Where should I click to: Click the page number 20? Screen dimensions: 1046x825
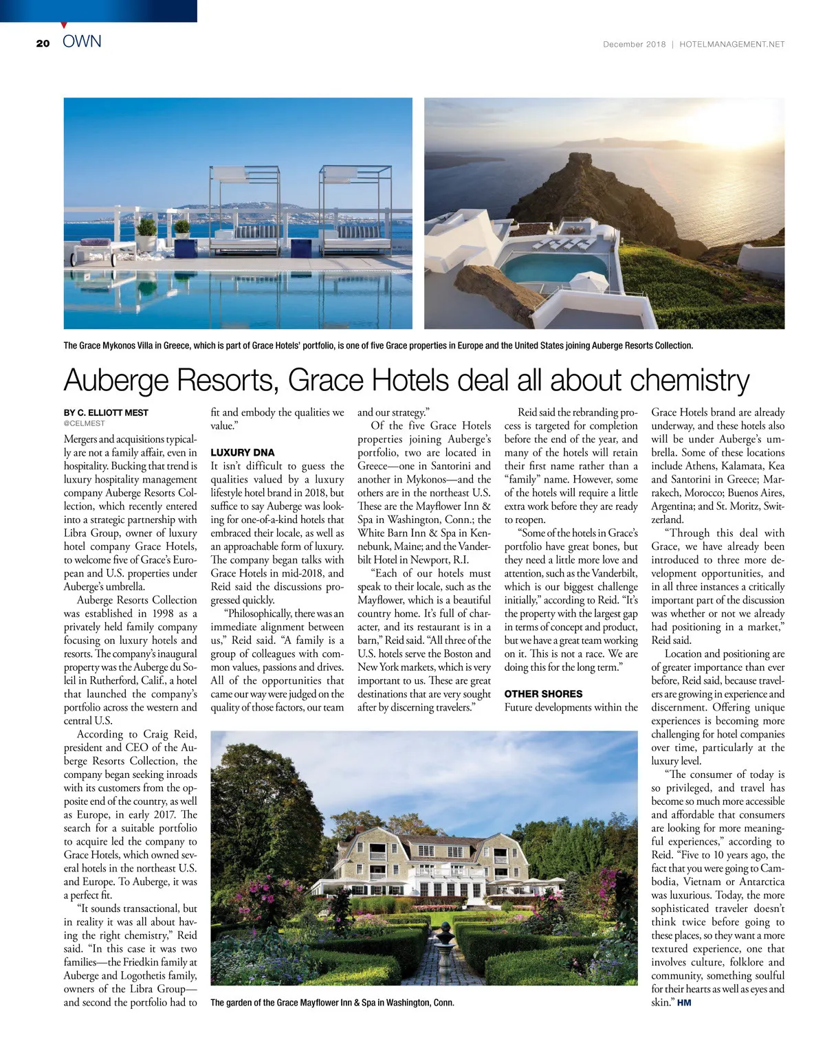click(x=43, y=43)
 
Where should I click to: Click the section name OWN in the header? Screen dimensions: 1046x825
click(x=82, y=42)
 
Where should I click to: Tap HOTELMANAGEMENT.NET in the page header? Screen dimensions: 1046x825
click(x=731, y=44)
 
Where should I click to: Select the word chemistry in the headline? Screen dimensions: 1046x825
click(x=688, y=380)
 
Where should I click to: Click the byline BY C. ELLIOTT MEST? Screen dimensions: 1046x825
click(x=106, y=412)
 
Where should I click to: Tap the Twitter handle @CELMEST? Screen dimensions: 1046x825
click(x=85, y=423)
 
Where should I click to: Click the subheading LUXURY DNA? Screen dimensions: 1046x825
click(x=242, y=452)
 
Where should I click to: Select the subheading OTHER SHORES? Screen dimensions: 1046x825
click(x=543, y=694)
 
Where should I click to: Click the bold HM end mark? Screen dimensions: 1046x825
click(x=684, y=1003)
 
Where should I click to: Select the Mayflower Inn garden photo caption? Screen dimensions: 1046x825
click(x=332, y=1003)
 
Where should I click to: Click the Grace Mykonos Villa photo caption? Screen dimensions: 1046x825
click(x=378, y=346)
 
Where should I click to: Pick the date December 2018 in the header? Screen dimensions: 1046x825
click(x=634, y=44)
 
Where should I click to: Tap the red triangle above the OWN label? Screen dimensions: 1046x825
click(x=64, y=25)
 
